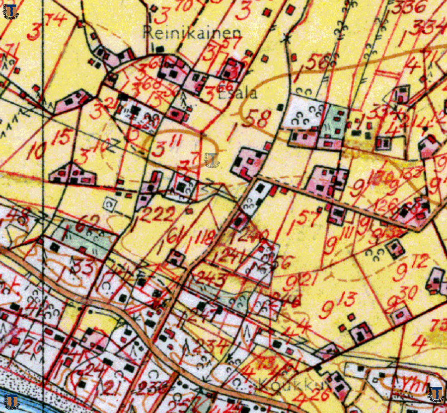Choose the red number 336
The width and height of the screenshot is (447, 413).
409,7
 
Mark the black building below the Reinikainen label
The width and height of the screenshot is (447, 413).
160,49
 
